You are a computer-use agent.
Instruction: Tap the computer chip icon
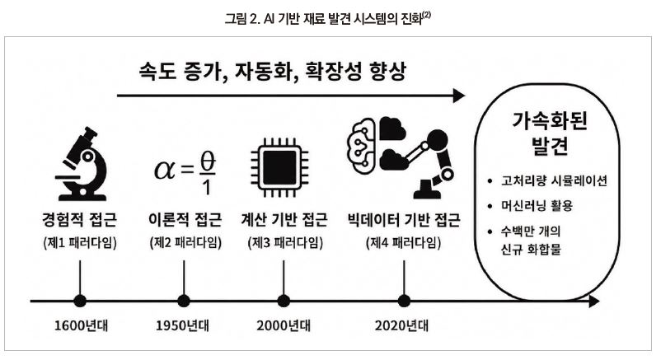pyautogui.click(x=279, y=167)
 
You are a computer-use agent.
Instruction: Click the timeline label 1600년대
pyautogui.click(x=81, y=326)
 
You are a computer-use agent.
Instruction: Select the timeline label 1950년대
pyautogui.click(x=182, y=326)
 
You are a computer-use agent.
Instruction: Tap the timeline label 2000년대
pyautogui.click(x=284, y=326)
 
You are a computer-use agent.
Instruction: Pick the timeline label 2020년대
pyautogui.click(x=401, y=326)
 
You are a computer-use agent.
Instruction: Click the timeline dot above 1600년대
pyautogui.click(x=80, y=301)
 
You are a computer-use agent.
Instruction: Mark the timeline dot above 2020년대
pyautogui.click(x=404, y=301)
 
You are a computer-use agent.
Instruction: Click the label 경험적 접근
pyautogui.click(x=80, y=220)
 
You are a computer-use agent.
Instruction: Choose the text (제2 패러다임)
pyautogui.click(x=185, y=243)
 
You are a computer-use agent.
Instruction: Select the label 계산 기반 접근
pyautogui.click(x=284, y=220)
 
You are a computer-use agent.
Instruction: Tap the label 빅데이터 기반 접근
pyautogui.click(x=404, y=220)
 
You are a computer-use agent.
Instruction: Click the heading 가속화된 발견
pyautogui.click(x=550, y=133)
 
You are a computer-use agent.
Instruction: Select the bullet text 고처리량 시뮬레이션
pyautogui.click(x=554, y=181)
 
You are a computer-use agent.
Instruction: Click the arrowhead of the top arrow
pyautogui.click(x=459, y=96)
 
